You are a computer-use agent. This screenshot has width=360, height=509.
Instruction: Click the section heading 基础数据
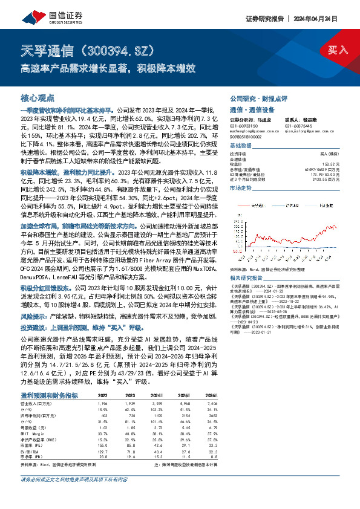pos(241,146)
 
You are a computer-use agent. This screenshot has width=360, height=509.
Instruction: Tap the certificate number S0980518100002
pos(249,137)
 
